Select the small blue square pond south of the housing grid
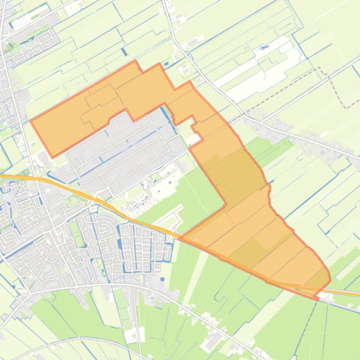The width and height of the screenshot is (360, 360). (x=162, y=279)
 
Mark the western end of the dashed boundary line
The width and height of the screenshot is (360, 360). (x=244, y=114)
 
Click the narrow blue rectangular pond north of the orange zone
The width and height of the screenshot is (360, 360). (x=124, y=52)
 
